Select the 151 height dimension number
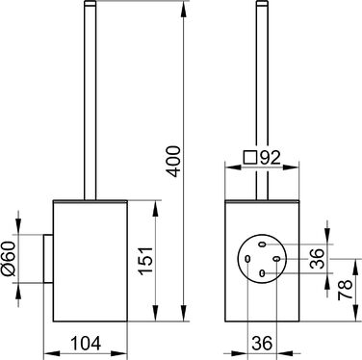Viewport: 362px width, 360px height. click(x=145, y=261)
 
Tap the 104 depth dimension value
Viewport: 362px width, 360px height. click(x=86, y=343)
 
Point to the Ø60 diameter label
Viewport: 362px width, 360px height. click(x=9, y=259)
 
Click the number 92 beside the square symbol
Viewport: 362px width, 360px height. click(x=271, y=158)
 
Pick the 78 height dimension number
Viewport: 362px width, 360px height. click(x=346, y=290)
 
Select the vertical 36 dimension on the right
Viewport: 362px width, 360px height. click(x=317, y=258)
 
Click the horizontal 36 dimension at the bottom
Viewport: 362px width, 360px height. click(x=262, y=343)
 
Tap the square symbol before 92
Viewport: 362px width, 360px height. click(x=250, y=158)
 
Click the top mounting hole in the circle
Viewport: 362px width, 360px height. click(x=262, y=244)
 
